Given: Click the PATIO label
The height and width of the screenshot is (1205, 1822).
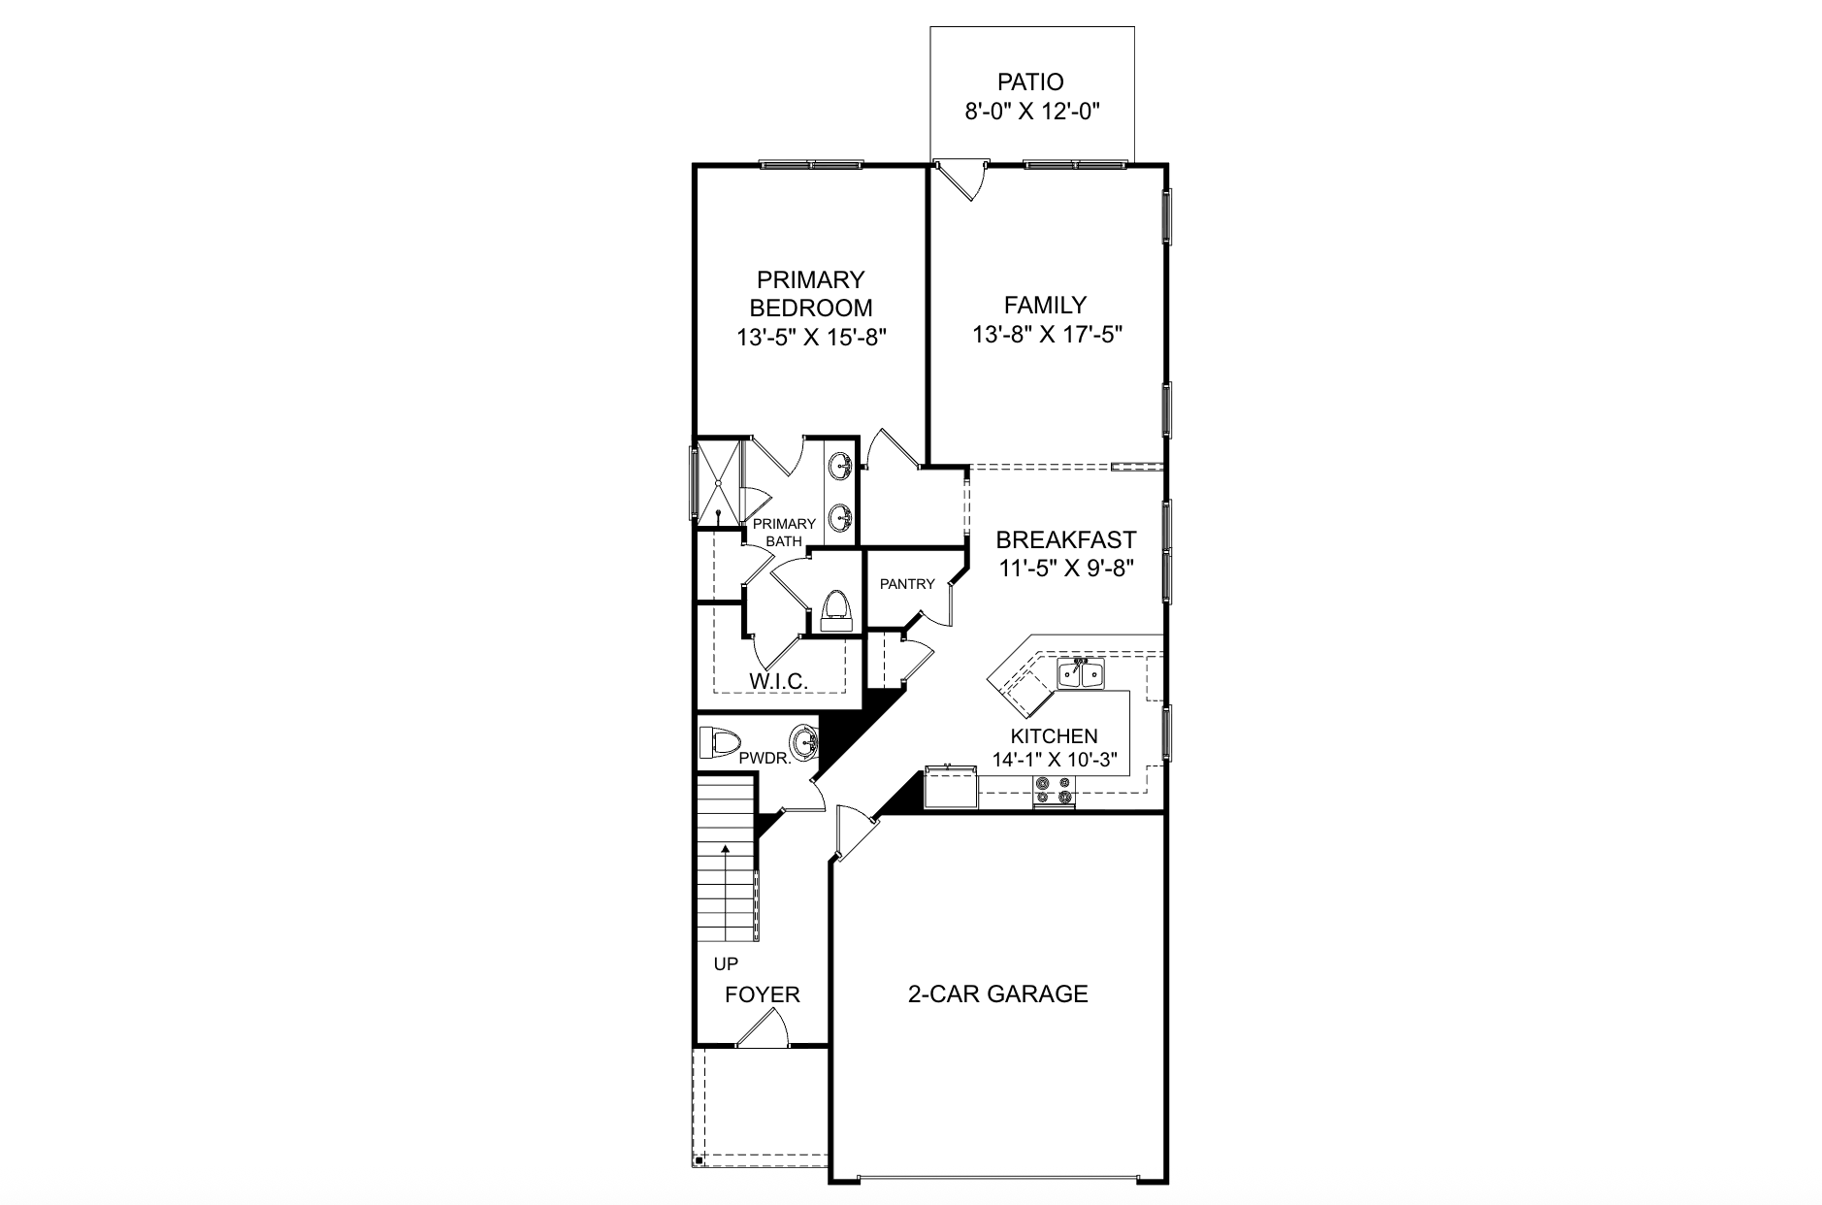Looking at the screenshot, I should (x=1029, y=82).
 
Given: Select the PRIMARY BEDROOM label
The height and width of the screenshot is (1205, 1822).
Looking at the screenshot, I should (x=810, y=294).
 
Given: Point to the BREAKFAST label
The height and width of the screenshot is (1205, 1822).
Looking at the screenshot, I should (x=1065, y=539).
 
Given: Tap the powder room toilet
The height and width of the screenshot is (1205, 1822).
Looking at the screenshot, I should (x=720, y=744).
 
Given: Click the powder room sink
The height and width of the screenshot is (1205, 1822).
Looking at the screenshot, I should (x=803, y=744).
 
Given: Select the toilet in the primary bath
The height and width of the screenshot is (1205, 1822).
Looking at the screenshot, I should (x=835, y=611).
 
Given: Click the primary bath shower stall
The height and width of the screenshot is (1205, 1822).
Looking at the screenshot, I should (x=718, y=483).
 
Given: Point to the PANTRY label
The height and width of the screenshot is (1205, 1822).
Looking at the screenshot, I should (x=906, y=584).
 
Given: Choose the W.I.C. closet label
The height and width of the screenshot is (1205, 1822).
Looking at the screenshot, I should (x=778, y=681).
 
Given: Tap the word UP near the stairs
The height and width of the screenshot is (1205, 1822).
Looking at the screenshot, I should (x=726, y=964).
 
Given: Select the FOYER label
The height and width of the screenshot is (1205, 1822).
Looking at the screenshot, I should (x=763, y=994).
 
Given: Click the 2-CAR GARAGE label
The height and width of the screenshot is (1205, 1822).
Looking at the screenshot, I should (x=997, y=993).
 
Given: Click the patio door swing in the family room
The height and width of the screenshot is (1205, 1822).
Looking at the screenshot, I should (x=962, y=181).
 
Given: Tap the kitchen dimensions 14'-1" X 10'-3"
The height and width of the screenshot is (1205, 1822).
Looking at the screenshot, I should (x=1054, y=760).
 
